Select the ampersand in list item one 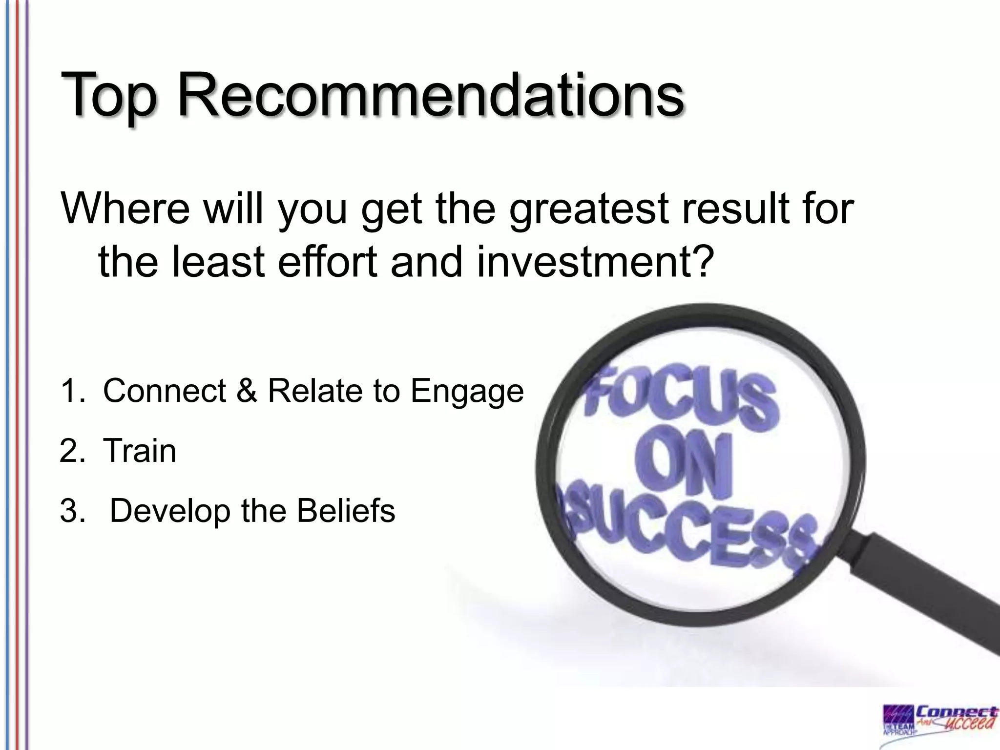[x=247, y=391]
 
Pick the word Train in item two [x=140, y=451]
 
